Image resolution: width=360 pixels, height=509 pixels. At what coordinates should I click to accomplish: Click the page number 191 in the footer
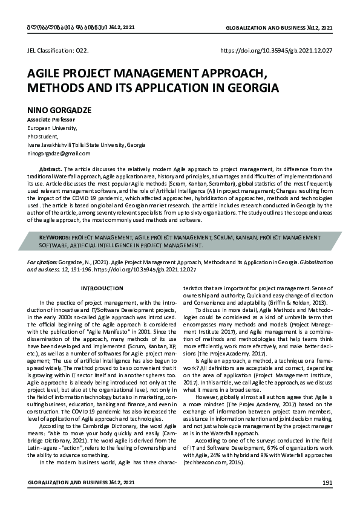point(327,482)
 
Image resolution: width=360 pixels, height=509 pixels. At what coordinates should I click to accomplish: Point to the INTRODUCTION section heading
point(102,288)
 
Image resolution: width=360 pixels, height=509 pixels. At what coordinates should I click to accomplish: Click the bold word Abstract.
point(50,170)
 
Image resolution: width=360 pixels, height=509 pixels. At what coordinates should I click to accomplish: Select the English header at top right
point(278,28)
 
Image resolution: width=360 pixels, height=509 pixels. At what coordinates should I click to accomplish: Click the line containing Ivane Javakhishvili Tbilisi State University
point(87,146)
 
